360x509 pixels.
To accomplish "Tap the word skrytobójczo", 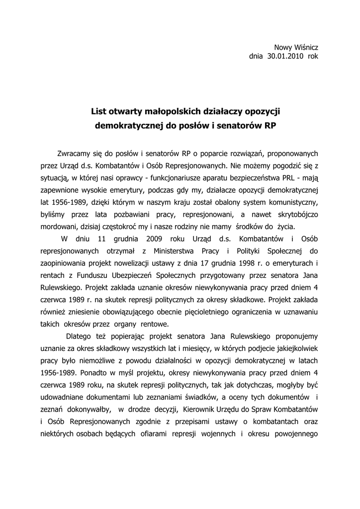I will click(295, 213).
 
